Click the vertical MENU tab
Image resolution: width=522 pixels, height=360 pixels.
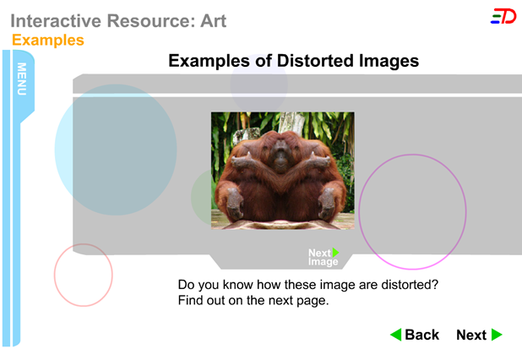point(22,79)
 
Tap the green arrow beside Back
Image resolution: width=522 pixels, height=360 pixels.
point(396,335)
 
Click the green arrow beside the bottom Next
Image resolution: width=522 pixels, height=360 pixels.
point(497,335)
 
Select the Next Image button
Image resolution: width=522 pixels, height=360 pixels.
point(324,257)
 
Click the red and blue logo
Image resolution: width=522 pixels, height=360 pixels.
point(503,16)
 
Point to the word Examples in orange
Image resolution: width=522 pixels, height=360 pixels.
point(48,41)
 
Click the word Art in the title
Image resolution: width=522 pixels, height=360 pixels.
point(213,21)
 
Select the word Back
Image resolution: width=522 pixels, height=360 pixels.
point(421,335)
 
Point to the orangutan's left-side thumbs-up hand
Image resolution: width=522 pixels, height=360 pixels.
point(242,161)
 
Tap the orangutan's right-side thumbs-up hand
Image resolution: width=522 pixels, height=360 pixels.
point(318,161)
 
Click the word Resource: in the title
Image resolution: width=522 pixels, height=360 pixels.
point(151,21)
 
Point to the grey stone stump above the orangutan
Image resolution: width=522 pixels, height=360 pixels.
point(247,135)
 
